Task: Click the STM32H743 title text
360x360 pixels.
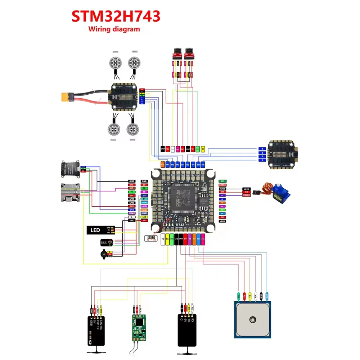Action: (x=116, y=16)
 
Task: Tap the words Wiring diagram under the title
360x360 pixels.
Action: (x=114, y=29)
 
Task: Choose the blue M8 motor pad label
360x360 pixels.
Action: (x=203, y=165)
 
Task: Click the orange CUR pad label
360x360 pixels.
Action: (x=163, y=165)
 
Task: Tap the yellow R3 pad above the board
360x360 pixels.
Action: (x=203, y=148)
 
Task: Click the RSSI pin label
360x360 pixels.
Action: (x=144, y=213)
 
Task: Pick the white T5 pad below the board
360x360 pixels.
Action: (x=163, y=239)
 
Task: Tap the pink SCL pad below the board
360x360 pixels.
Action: (x=203, y=239)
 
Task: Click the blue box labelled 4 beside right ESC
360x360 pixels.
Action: (x=262, y=148)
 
